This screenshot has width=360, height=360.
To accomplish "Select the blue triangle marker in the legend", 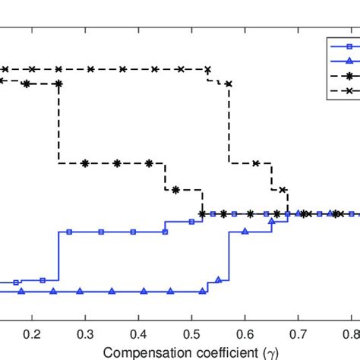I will click(341, 62).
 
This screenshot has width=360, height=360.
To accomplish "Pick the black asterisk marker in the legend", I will click(341, 76).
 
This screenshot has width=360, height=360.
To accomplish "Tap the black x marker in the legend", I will click(341, 91).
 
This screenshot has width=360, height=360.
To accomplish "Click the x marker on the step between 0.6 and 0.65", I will click(256, 163).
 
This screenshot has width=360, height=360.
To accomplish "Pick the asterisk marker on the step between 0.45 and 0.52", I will click(176, 190).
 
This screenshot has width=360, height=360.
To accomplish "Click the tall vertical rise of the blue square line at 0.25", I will click(58, 256).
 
